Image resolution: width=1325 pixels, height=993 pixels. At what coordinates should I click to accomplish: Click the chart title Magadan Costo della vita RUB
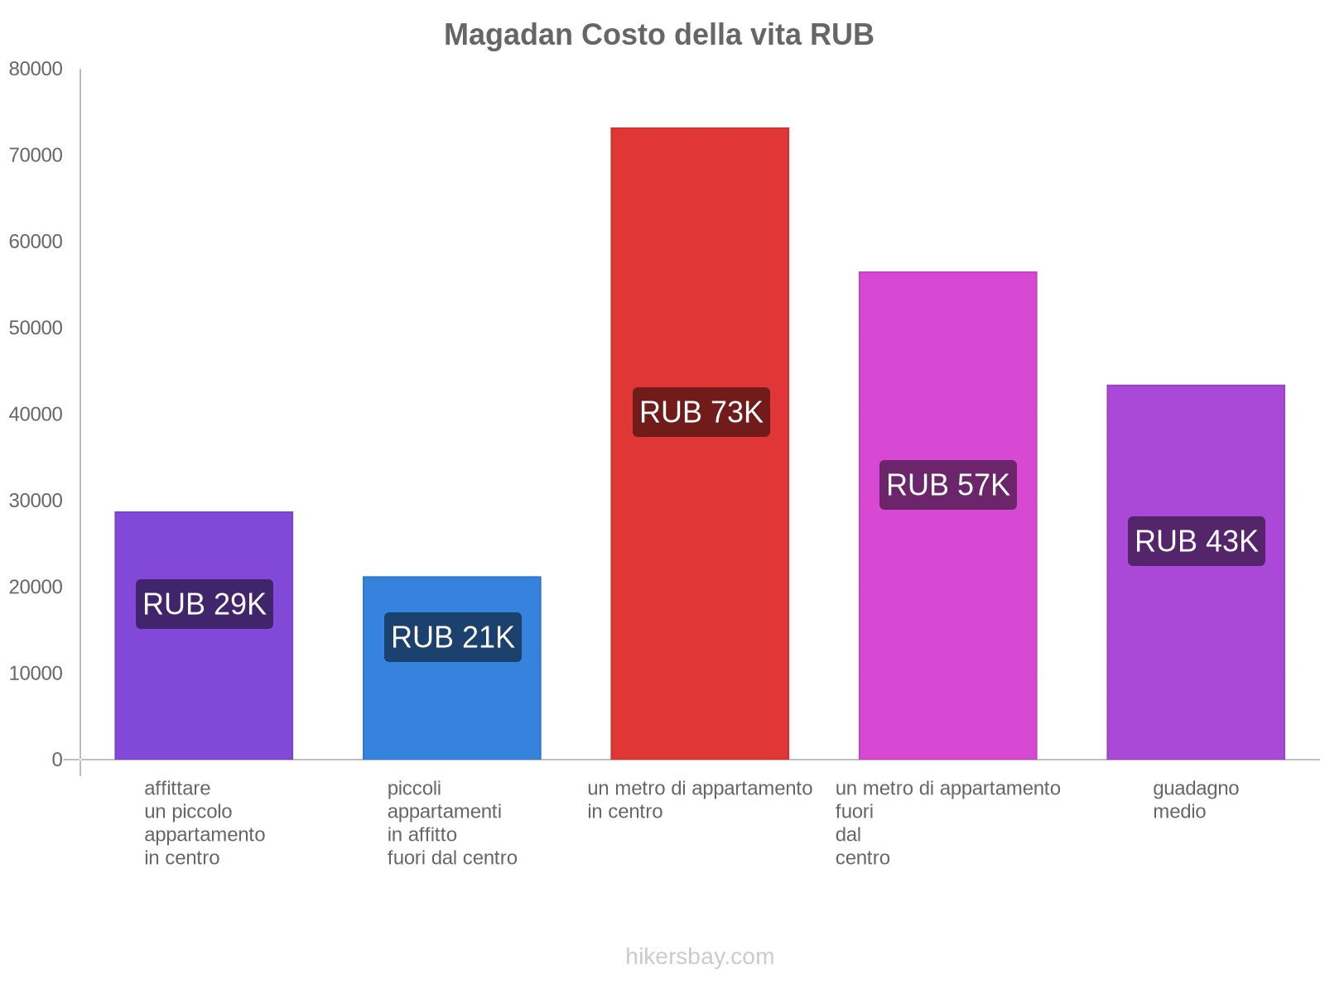click(658, 35)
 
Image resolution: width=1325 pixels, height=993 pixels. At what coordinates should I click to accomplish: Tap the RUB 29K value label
click(205, 604)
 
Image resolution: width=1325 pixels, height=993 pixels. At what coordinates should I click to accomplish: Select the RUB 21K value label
click(453, 637)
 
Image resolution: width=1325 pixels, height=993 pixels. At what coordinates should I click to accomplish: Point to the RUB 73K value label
click(701, 412)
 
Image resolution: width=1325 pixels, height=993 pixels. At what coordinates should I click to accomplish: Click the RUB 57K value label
click(948, 485)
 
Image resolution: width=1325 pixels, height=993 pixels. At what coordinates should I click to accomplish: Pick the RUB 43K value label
click(1197, 541)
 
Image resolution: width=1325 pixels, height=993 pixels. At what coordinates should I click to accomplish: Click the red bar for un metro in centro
click(700, 248)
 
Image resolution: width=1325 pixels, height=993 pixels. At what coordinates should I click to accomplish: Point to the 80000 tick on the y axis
click(36, 70)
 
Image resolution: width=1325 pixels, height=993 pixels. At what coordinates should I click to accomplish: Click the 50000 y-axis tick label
click(36, 329)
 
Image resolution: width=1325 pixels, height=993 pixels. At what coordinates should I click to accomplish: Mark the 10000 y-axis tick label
click(36, 674)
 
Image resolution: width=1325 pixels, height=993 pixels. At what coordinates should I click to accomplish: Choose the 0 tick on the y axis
click(57, 760)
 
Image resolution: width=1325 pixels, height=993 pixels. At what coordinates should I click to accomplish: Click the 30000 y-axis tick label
click(36, 501)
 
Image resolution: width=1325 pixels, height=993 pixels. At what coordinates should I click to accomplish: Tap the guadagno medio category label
click(1195, 799)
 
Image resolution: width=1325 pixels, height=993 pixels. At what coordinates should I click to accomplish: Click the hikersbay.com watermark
click(700, 957)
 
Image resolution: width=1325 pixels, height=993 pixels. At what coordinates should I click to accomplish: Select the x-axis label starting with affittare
click(205, 823)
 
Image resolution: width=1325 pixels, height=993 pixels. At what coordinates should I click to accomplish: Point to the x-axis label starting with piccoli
click(452, 823)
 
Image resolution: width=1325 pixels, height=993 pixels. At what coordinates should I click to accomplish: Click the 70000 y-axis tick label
click(36, 156)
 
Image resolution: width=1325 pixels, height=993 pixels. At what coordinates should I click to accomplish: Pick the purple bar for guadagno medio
click(1196, 662)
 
